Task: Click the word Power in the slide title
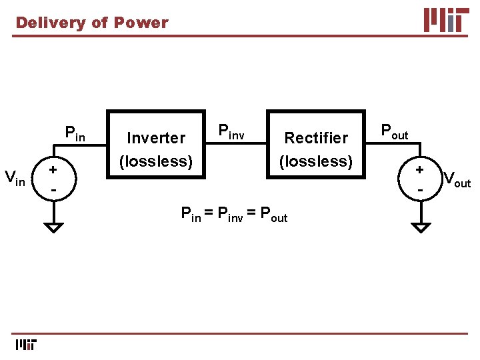[x=141, y=23]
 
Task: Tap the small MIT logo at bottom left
[x=25, y=344]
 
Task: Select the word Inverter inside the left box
[x=156, y=138]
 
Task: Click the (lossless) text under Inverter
[x=156, y=161]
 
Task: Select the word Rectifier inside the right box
[x=316, y=138]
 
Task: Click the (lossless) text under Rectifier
[x=316, y=161]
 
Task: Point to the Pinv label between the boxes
[x=232, y=131]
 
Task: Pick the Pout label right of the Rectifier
[x=394, y=131]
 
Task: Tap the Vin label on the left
[x=15, y=178]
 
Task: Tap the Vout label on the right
[x=457, y=179]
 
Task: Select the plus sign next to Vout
[x=420, y=170]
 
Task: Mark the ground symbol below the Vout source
[x=421, y=227]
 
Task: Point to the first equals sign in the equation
[x=208, y=214]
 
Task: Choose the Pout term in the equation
[x=273, y=215]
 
